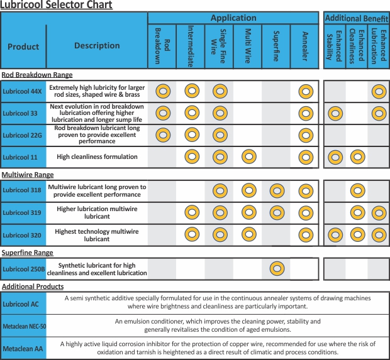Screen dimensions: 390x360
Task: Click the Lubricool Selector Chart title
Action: (57, 4)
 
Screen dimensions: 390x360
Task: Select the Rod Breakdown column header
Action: (162, 46)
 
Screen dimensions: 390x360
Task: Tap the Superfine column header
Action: (276, 46)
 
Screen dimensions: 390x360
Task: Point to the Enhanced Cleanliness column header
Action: (357, 46)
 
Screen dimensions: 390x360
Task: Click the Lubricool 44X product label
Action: (22, 92)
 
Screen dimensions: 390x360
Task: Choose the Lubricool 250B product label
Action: (24, 269)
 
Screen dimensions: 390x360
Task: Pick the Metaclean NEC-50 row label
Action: (24, 326)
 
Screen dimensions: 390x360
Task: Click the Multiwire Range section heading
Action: (28, 175)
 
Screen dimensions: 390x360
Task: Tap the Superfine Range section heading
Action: (27, 253)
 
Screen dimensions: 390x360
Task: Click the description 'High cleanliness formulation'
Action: (97, 157)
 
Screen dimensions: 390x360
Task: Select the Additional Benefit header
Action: (357, 18)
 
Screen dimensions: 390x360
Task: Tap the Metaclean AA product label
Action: (23, 349)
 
